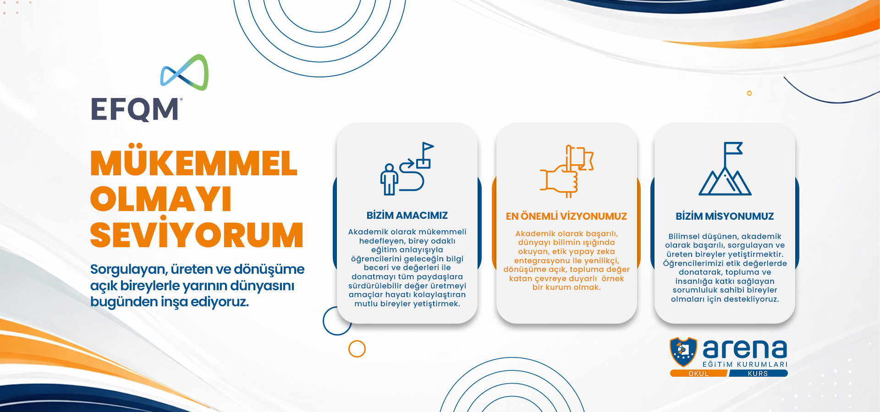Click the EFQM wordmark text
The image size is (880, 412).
135,109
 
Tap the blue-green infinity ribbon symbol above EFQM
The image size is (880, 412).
184,72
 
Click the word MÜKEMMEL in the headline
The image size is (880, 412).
194,163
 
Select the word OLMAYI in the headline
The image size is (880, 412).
161,199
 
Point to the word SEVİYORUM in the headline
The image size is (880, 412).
197,234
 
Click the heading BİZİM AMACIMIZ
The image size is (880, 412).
407,215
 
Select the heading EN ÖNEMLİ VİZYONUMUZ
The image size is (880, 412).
566,216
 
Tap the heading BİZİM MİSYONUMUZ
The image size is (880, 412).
725,216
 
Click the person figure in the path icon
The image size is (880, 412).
389,179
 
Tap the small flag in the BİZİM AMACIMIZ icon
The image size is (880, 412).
427,148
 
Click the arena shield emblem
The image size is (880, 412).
683,352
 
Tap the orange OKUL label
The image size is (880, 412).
698,374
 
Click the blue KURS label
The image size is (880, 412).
758,374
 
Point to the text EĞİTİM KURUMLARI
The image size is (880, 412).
745,364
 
